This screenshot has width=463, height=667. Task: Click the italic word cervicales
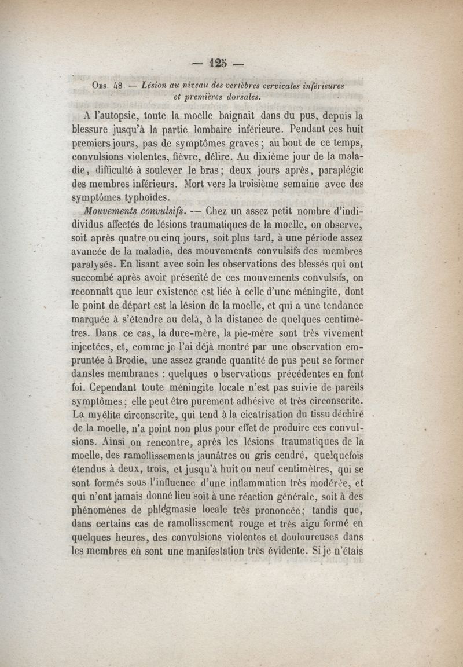point(275,86)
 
